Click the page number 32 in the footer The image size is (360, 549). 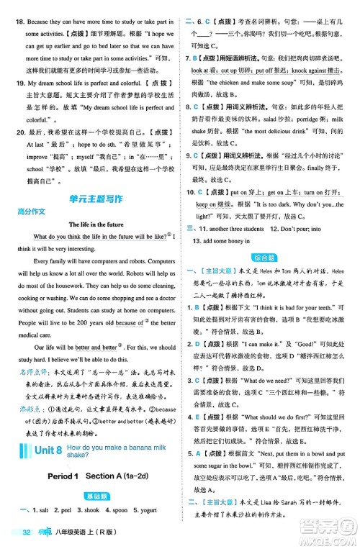pyautogui.click(x=26, y=533)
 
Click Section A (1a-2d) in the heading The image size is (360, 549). pyautogui.click(x=115, y=477)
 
